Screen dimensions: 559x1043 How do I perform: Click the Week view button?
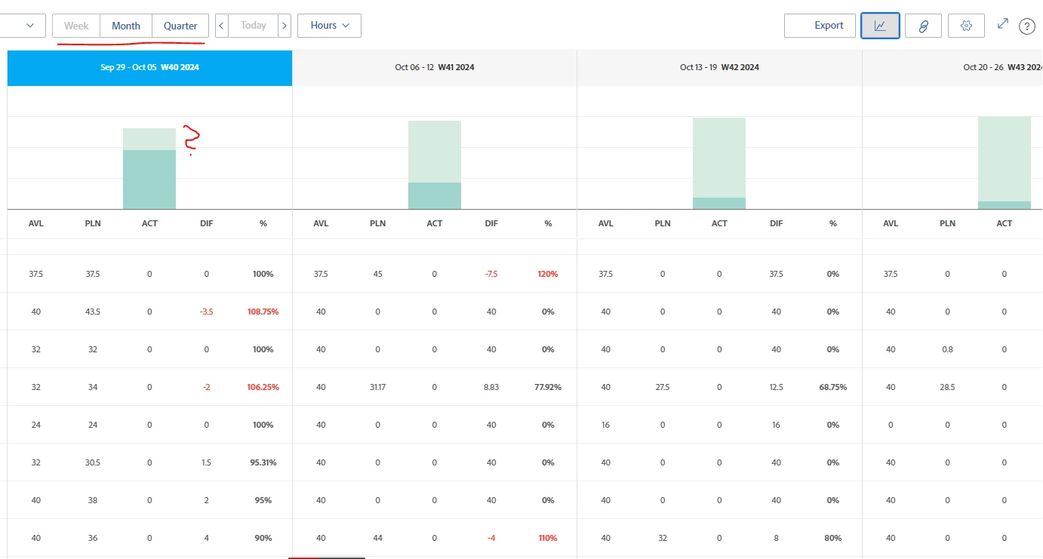76,26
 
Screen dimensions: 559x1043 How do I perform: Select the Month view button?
126,26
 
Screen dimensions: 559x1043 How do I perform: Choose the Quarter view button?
180,26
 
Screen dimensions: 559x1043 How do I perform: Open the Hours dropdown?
329,26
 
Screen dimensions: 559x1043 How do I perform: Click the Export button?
820,26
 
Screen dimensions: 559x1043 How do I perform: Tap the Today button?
253,26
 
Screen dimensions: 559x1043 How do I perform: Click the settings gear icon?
966,26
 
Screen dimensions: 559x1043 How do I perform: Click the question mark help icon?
1026,26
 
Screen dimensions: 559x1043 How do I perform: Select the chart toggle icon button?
880,26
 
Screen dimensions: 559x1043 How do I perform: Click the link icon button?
923,26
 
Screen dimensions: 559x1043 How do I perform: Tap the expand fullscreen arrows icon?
1003,24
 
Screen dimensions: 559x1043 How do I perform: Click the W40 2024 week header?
149,68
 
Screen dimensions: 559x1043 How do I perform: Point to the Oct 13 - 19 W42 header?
719,68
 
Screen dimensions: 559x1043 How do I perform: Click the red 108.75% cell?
263,312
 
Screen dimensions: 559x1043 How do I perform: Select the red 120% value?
547,274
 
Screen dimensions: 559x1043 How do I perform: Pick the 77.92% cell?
547,387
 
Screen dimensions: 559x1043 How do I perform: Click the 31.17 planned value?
377,387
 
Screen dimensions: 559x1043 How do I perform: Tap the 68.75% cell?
832,387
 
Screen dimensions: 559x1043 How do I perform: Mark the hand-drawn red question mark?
191,140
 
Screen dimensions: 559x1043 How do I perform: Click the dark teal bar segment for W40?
149,180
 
